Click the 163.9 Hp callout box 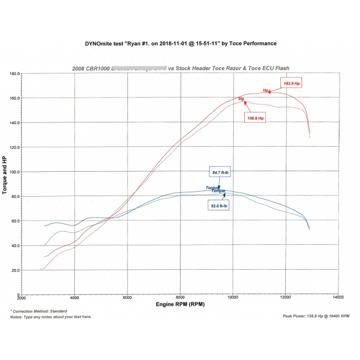coord(292,84)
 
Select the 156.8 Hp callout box coord(254,118)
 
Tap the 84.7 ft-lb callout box coord(219,172)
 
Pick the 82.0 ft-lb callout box coord(219,206)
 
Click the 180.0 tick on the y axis coord(14,73)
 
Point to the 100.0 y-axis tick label coord(14,172)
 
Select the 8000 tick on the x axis coord(180,298)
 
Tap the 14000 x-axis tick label coord(338,298)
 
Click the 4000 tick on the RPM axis coord(74,298)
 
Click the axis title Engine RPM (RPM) coord(180,305)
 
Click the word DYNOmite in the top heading coord(97,43)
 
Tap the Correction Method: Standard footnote coord(39,311)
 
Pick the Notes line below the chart coord(51,317)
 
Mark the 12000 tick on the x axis coord(285,298)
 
